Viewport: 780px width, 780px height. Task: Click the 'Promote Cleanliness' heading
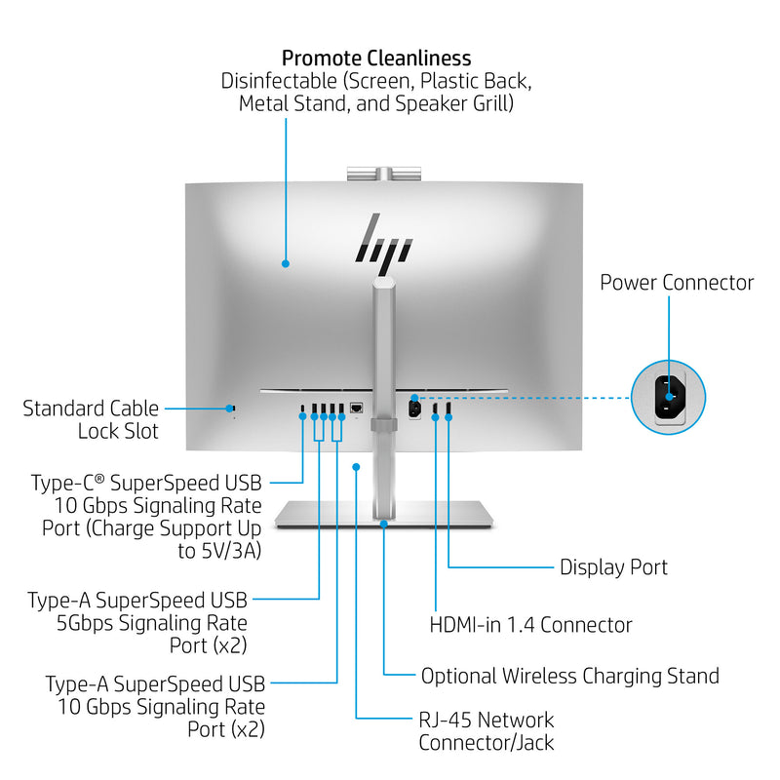(376, 58)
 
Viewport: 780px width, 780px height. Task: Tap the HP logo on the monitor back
(382, 237)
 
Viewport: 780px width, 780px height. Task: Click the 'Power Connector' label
(677, 283)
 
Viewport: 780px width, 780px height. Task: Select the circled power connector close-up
(669, 397)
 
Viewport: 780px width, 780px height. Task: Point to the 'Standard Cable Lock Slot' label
(91, 419)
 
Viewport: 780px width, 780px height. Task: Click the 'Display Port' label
(613, 566)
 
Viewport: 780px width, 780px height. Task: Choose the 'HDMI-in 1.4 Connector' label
(531, 625)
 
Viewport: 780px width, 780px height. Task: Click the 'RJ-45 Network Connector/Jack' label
(487, 731)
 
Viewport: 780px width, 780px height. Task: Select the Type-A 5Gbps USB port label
(137, 622)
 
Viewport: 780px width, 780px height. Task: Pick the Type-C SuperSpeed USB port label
(145, 517)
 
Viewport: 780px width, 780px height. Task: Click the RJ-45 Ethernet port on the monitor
(358, 408)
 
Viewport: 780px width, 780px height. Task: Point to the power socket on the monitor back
(413, 408)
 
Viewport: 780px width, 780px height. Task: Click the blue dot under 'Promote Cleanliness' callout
(286, 262)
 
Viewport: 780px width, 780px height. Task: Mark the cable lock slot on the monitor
(232, 408)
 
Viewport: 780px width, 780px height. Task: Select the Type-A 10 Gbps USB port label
(155, 706)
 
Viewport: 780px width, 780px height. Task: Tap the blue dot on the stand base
(384, 524)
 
